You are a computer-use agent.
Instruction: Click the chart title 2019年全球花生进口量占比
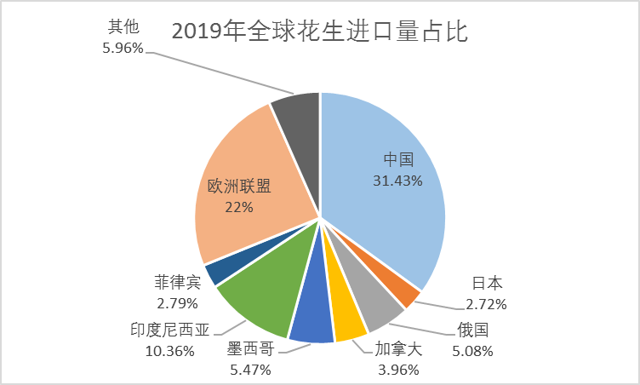[x=321, y=32]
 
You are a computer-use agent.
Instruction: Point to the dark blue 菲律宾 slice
[x=216, y=270]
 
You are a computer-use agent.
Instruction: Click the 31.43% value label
[x=397, y=180]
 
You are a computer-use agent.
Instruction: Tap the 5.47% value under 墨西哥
[x=249, y=369]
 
